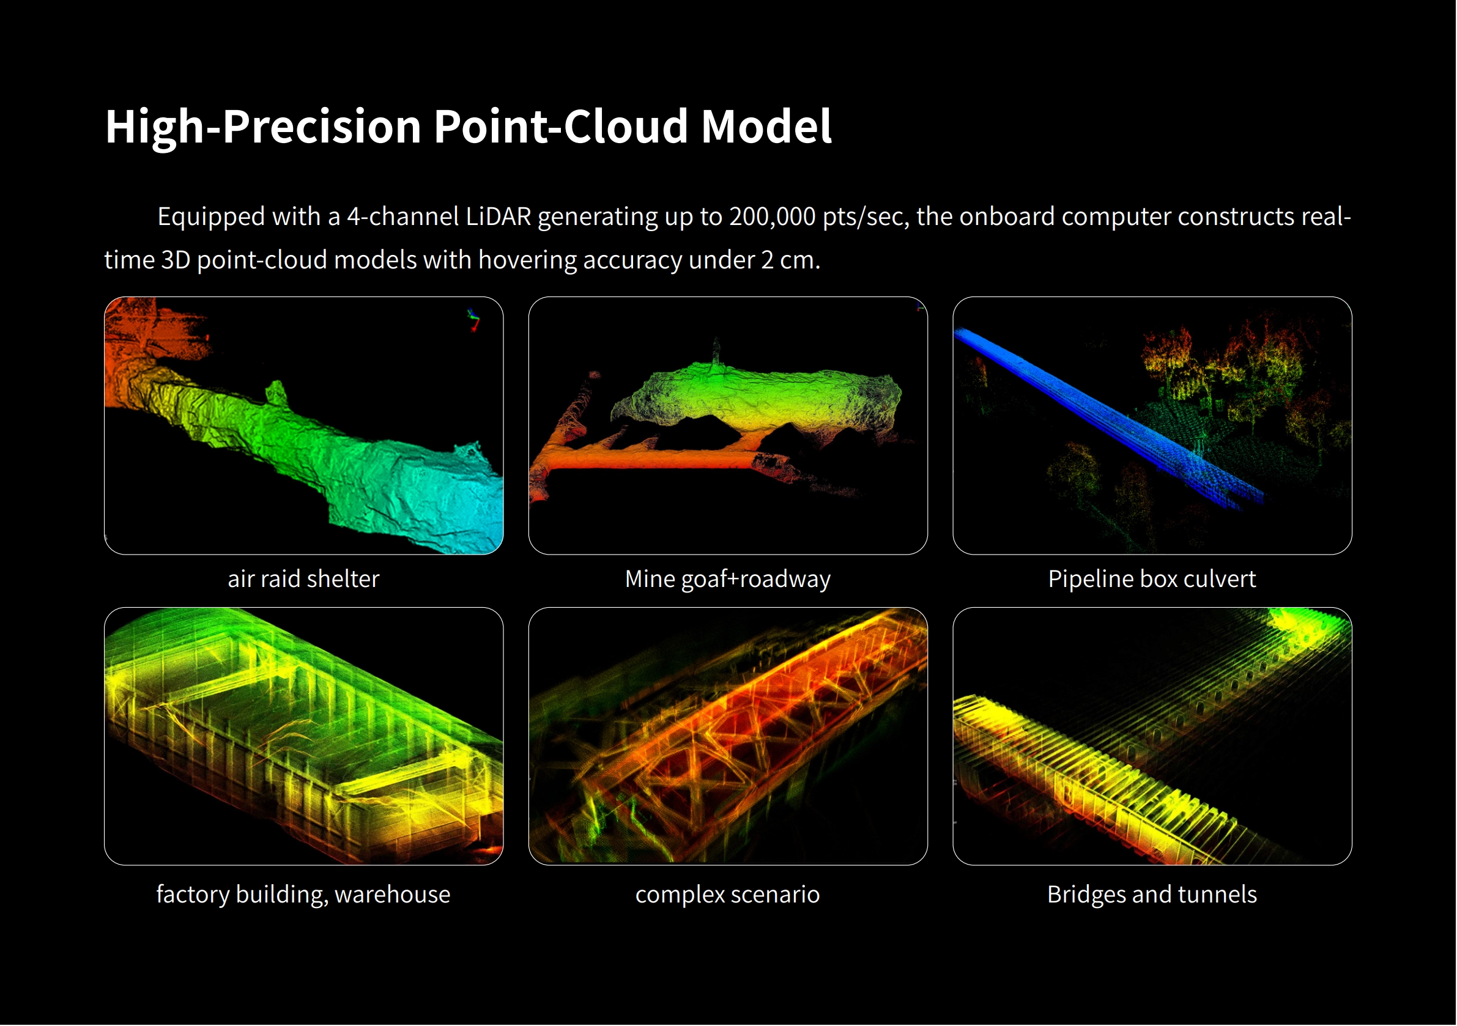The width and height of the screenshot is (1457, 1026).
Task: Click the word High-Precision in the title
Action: click(263, 127)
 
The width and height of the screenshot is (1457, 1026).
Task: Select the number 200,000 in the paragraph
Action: click(773, 217)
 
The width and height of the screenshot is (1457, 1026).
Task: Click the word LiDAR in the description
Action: click(498, 216)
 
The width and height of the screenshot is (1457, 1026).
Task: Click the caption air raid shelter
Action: click(303, 578)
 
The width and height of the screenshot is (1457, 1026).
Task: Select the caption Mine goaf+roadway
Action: click(728, 579)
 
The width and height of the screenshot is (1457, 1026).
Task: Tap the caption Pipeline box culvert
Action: click(1152, 579)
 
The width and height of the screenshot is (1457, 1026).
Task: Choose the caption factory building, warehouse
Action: click(303, 895)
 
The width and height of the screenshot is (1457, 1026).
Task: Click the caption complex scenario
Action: click(728, 895)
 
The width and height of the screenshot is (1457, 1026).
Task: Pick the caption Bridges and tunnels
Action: click(1152, 895)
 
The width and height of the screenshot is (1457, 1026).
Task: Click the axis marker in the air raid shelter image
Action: click(473, 320)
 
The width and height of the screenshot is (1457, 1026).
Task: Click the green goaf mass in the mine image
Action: click(755, 397)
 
